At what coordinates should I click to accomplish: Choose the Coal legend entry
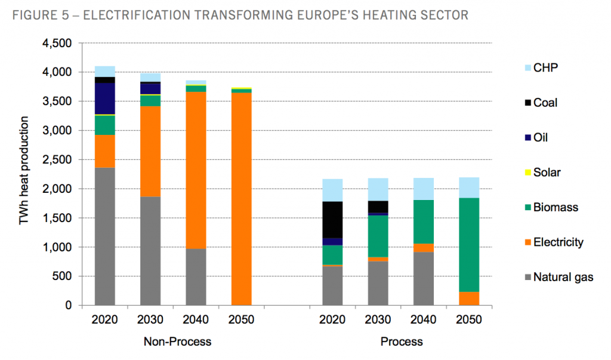545,103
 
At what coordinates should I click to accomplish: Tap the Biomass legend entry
556,208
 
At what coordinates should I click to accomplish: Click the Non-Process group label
177,341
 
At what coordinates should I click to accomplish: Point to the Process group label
402,341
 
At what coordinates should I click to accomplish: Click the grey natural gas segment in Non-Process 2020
104,236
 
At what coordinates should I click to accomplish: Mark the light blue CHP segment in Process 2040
424,189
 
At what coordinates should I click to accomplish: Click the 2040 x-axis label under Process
424,319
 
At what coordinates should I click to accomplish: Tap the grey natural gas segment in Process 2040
424,278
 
